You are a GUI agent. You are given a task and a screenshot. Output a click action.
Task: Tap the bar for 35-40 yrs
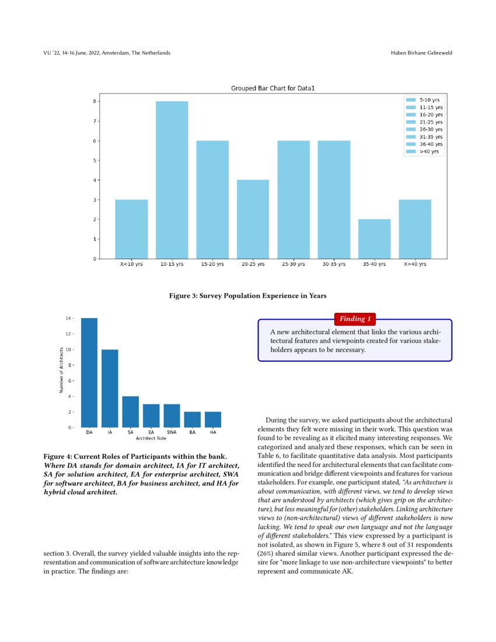pos(374,239)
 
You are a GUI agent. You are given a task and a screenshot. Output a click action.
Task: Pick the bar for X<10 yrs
pos(131,229)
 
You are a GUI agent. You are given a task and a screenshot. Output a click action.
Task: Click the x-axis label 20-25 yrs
pos(253,264)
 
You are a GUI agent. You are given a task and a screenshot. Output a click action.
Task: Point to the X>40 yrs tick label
pos(415,264)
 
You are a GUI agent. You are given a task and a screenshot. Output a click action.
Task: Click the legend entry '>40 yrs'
pos(432,152)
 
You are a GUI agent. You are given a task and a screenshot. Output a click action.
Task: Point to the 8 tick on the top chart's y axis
pos(94,102)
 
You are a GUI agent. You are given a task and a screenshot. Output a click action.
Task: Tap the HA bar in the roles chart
pos(213,420)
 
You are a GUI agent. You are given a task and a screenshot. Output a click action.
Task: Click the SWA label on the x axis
pos(172,432)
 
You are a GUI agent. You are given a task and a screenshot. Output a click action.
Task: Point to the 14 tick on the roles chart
pos(68,319)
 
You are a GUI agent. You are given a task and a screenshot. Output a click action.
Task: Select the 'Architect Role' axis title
pos(151,438)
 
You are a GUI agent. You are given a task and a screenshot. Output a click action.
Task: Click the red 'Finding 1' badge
pos(355,319)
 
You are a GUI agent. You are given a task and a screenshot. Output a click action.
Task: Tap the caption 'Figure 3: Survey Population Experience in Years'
pos(248,296)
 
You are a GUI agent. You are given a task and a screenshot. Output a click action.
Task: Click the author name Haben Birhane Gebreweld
pos(421,53)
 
